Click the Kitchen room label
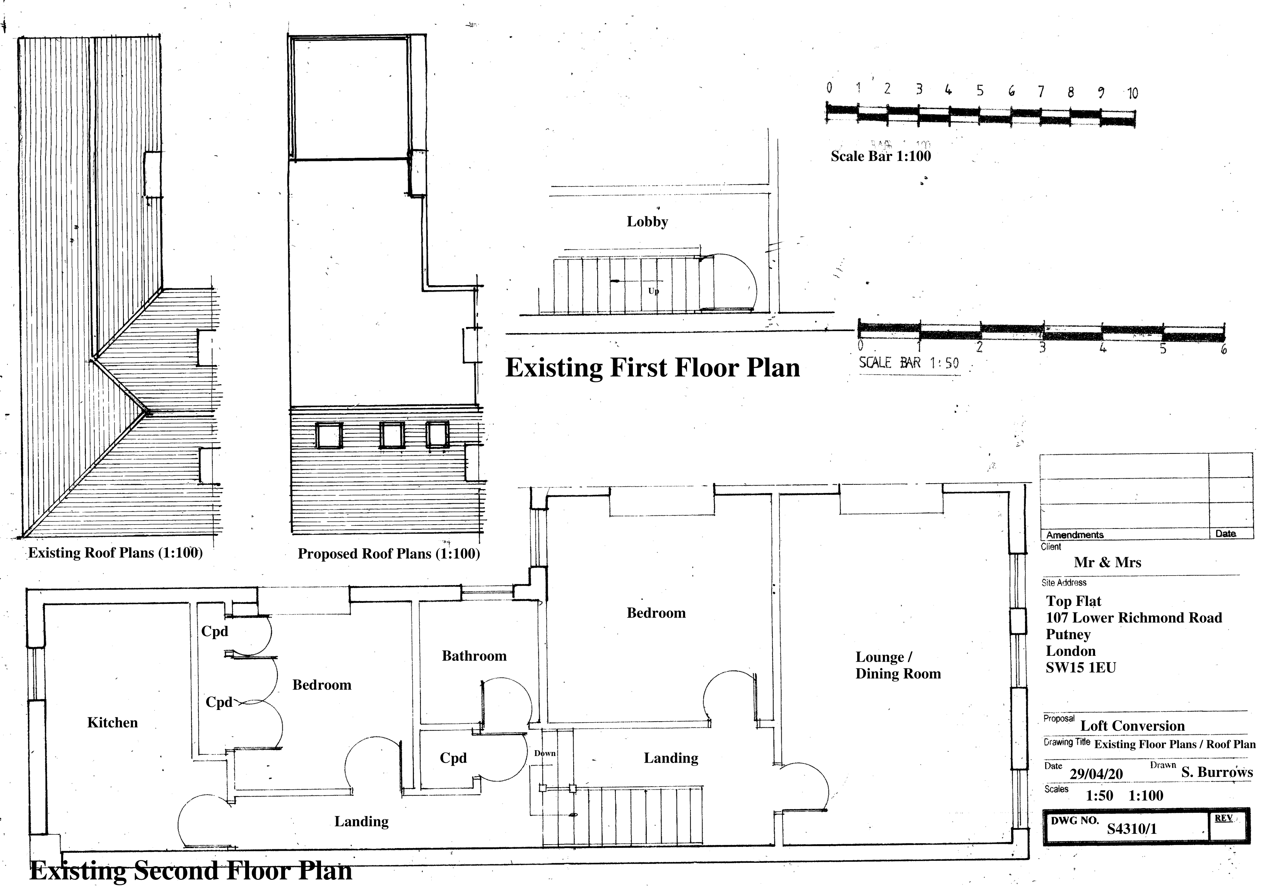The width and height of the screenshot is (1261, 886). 112,722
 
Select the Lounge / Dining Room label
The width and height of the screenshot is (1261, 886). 898,665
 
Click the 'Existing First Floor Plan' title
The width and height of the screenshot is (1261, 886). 653,368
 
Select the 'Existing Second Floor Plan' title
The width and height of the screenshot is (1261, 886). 191,871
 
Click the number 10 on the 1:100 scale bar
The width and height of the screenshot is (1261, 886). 1133,93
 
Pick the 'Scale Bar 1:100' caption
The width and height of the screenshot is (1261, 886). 880,156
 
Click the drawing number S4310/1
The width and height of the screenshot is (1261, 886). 1131,829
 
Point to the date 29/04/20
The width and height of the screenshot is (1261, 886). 1096,774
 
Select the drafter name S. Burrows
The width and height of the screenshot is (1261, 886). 1217,772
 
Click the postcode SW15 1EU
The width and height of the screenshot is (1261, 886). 1081,668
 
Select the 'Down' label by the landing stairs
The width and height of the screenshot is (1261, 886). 545,753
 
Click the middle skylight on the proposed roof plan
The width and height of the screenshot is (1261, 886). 392,435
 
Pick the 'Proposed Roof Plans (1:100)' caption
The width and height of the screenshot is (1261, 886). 389,554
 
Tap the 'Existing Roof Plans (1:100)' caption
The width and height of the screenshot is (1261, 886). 115,552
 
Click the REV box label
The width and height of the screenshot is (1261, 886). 1223,818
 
